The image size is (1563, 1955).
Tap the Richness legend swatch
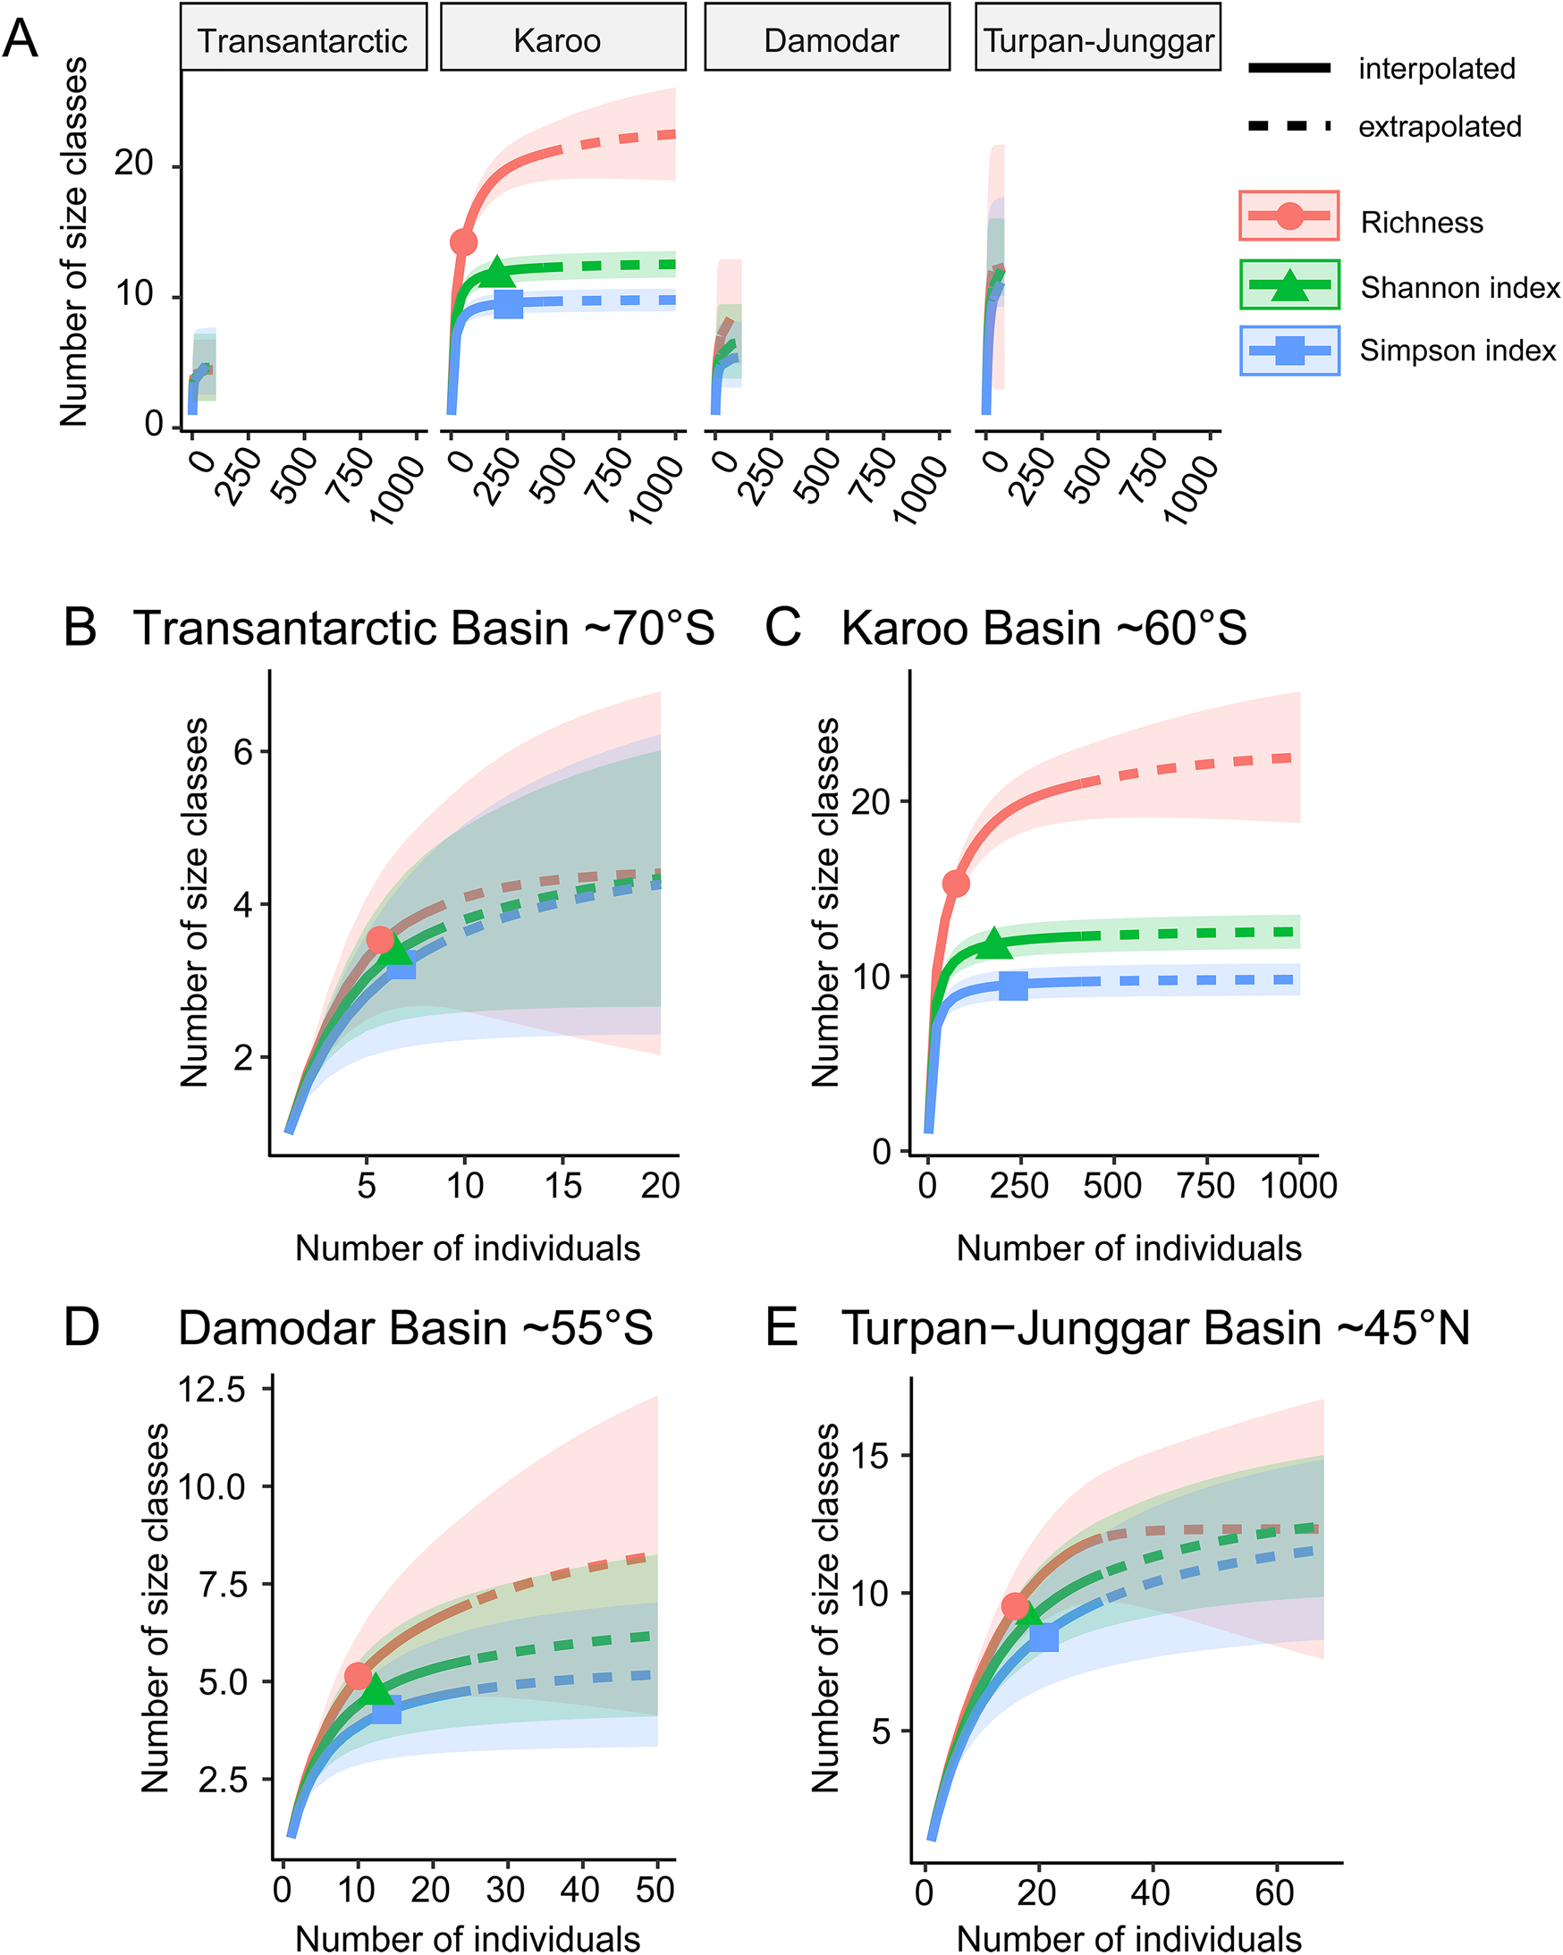coord(1288,216)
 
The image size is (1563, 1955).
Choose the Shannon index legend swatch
coord(1288,284)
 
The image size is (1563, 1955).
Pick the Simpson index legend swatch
coord(1288,350)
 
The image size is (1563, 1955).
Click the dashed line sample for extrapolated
coord(1288,126)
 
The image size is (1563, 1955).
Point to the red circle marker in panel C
coord(956,884)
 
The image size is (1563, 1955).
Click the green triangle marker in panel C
coord(993,944)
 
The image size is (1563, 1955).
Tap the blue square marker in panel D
coord(386,1711)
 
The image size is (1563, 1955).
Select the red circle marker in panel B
coord(380,939)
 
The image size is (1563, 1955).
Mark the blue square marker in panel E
coord(1043,1638)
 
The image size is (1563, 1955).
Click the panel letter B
coord(80,628)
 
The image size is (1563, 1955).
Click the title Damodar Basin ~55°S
coord(415,1328)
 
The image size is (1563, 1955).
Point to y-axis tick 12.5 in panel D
coord(211,1389)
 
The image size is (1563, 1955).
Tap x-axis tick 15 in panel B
coord(563,1185)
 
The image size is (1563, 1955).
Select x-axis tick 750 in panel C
coord(1206,1185)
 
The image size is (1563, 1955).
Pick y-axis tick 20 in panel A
coord(133,165)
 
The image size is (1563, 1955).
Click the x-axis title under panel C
coord(1128,1248)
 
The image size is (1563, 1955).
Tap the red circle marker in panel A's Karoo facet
coord(463,242)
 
